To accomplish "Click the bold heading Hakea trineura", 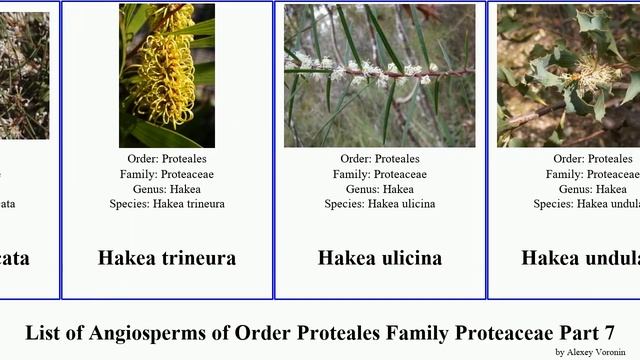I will point(167,258).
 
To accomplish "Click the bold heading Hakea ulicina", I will point(380,258).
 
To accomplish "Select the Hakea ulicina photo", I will point(380,75).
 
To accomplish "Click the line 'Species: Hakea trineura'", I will point(167,204).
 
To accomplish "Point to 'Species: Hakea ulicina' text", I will point(380,204).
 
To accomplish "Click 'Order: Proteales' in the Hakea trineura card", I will point(167,159).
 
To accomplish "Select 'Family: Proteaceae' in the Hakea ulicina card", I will point(380,174).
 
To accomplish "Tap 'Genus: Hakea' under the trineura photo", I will point(167,189).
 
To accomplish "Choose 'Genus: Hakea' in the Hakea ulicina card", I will point(380,189).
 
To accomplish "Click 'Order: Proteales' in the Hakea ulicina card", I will point(380,159).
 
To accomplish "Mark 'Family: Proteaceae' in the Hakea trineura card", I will point(167,174).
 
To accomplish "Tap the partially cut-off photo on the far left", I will point(24,75).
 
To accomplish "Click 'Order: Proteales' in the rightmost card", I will point(596,159).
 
